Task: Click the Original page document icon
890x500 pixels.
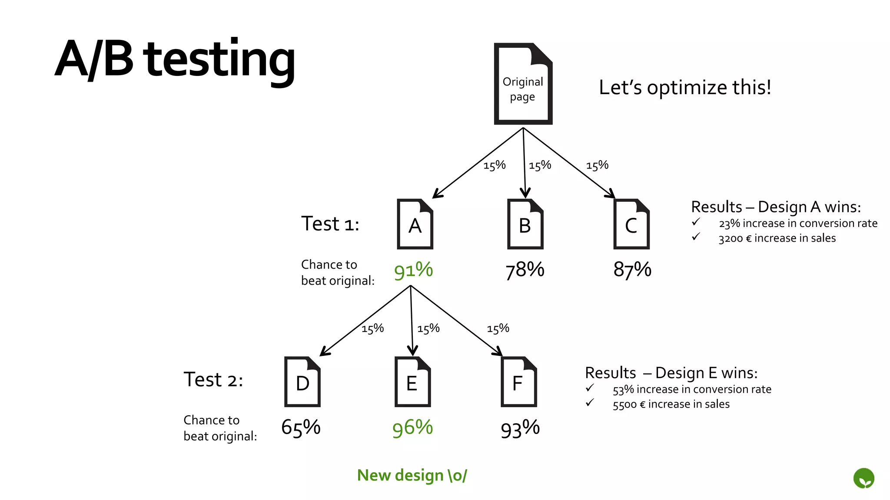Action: (523, 84)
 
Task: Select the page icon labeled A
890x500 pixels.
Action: (415, 224)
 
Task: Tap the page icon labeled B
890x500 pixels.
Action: (525, 224)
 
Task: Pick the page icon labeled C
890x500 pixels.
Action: (631, 224)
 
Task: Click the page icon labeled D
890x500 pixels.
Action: (302, 382)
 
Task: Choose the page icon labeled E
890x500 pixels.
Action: (412, 382)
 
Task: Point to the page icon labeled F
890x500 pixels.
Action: (518, 382)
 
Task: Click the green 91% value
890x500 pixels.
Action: (413, 270)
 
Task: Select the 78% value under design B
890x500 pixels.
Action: (525, 270)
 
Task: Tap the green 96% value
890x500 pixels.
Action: (412, 428)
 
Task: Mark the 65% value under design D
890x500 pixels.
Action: (301, 428)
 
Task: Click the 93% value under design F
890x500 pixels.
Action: (520, 429)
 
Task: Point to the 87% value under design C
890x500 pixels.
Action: (632, 270)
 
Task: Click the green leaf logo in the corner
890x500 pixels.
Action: (863, 478)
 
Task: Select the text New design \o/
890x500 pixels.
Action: (412, 475)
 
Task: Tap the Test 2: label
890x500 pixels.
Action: (213, 380)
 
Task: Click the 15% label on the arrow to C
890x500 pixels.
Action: (597, 165)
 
